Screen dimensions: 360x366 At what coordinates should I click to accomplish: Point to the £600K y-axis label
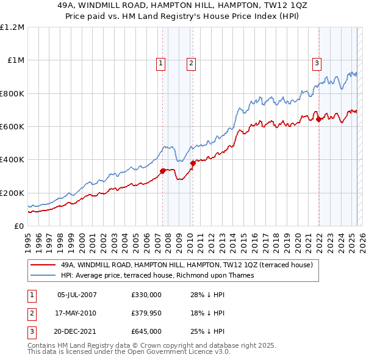pos(12,127)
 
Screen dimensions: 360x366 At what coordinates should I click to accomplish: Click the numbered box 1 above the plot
pos(160,62)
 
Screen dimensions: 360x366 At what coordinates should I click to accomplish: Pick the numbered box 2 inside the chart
pos(191,62)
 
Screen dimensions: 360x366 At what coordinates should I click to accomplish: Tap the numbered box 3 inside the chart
pos(317,62)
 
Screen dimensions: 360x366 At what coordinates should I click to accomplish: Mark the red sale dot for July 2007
pos(163,171)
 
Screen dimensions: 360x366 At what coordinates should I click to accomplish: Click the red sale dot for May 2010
pos(193,163)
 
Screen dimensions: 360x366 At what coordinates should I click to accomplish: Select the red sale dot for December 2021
pos(318,119)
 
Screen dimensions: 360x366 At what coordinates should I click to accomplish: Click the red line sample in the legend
pos(43,265)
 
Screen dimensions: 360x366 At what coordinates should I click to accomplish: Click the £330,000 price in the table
pos(146,295)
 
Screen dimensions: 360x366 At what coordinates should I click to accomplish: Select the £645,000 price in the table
pos(146,331)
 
